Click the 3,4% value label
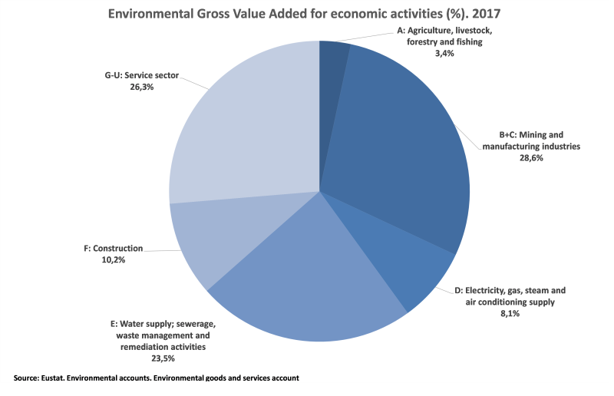[444, 54]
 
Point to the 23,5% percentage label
[160, 358]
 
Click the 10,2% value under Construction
[113, 259]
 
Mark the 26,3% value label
[130, 87]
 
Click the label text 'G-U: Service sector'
[130, 76]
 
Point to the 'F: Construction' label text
[113, 249]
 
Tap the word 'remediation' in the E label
[138, 347]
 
